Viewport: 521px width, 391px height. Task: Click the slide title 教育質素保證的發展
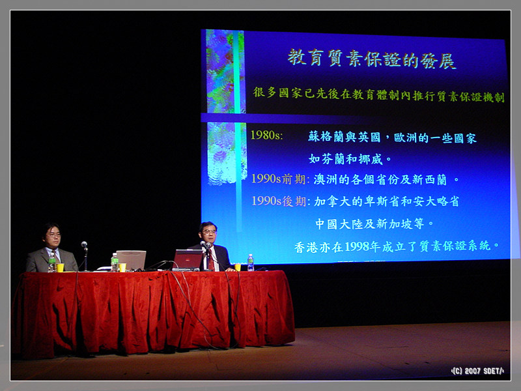click(371, 59)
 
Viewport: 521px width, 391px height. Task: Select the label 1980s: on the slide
click(266, 135)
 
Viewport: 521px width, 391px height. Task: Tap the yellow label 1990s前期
click(279, 179)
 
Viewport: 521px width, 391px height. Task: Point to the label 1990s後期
click(279, 201)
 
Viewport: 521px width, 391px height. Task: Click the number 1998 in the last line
click(357, 247)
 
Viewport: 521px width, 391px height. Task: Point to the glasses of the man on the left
click(54, 235)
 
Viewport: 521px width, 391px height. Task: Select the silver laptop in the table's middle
click(131, 260)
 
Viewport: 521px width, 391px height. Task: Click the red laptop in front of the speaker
click(188, 259)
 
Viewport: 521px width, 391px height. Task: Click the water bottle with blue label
click(251, 263)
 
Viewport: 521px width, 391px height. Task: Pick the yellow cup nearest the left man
click(60, 268)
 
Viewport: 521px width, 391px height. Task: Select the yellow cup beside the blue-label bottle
click(238, 267)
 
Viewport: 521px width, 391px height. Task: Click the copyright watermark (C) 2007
click(477, 371)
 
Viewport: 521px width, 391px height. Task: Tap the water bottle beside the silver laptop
click(115, 263)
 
